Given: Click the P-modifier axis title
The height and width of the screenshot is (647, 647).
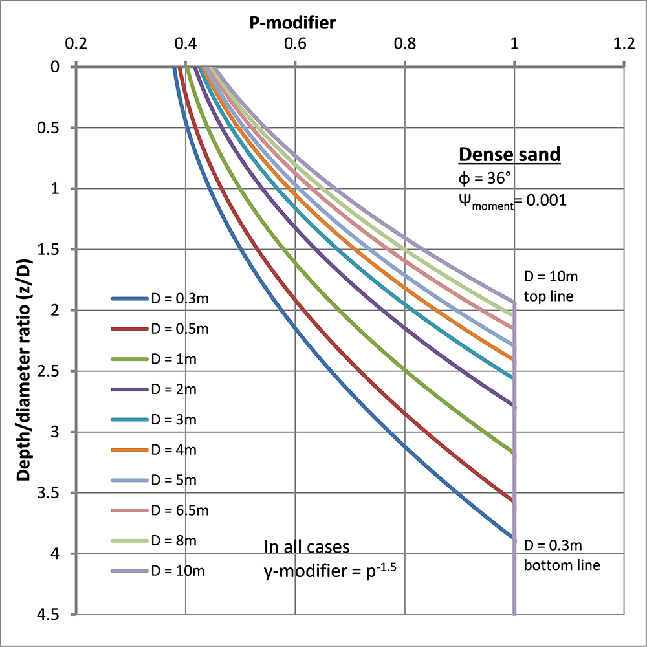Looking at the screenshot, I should [293, 24].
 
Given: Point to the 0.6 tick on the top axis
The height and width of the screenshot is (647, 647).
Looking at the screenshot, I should [295, 46].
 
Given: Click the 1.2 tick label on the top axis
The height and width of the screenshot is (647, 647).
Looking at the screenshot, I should [624, 46].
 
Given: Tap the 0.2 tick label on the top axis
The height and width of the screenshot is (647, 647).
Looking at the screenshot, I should [76, 46].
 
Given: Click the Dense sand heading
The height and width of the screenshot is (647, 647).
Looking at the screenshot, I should [509, 155].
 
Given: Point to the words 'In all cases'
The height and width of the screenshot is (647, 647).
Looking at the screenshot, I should [307, 547].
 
